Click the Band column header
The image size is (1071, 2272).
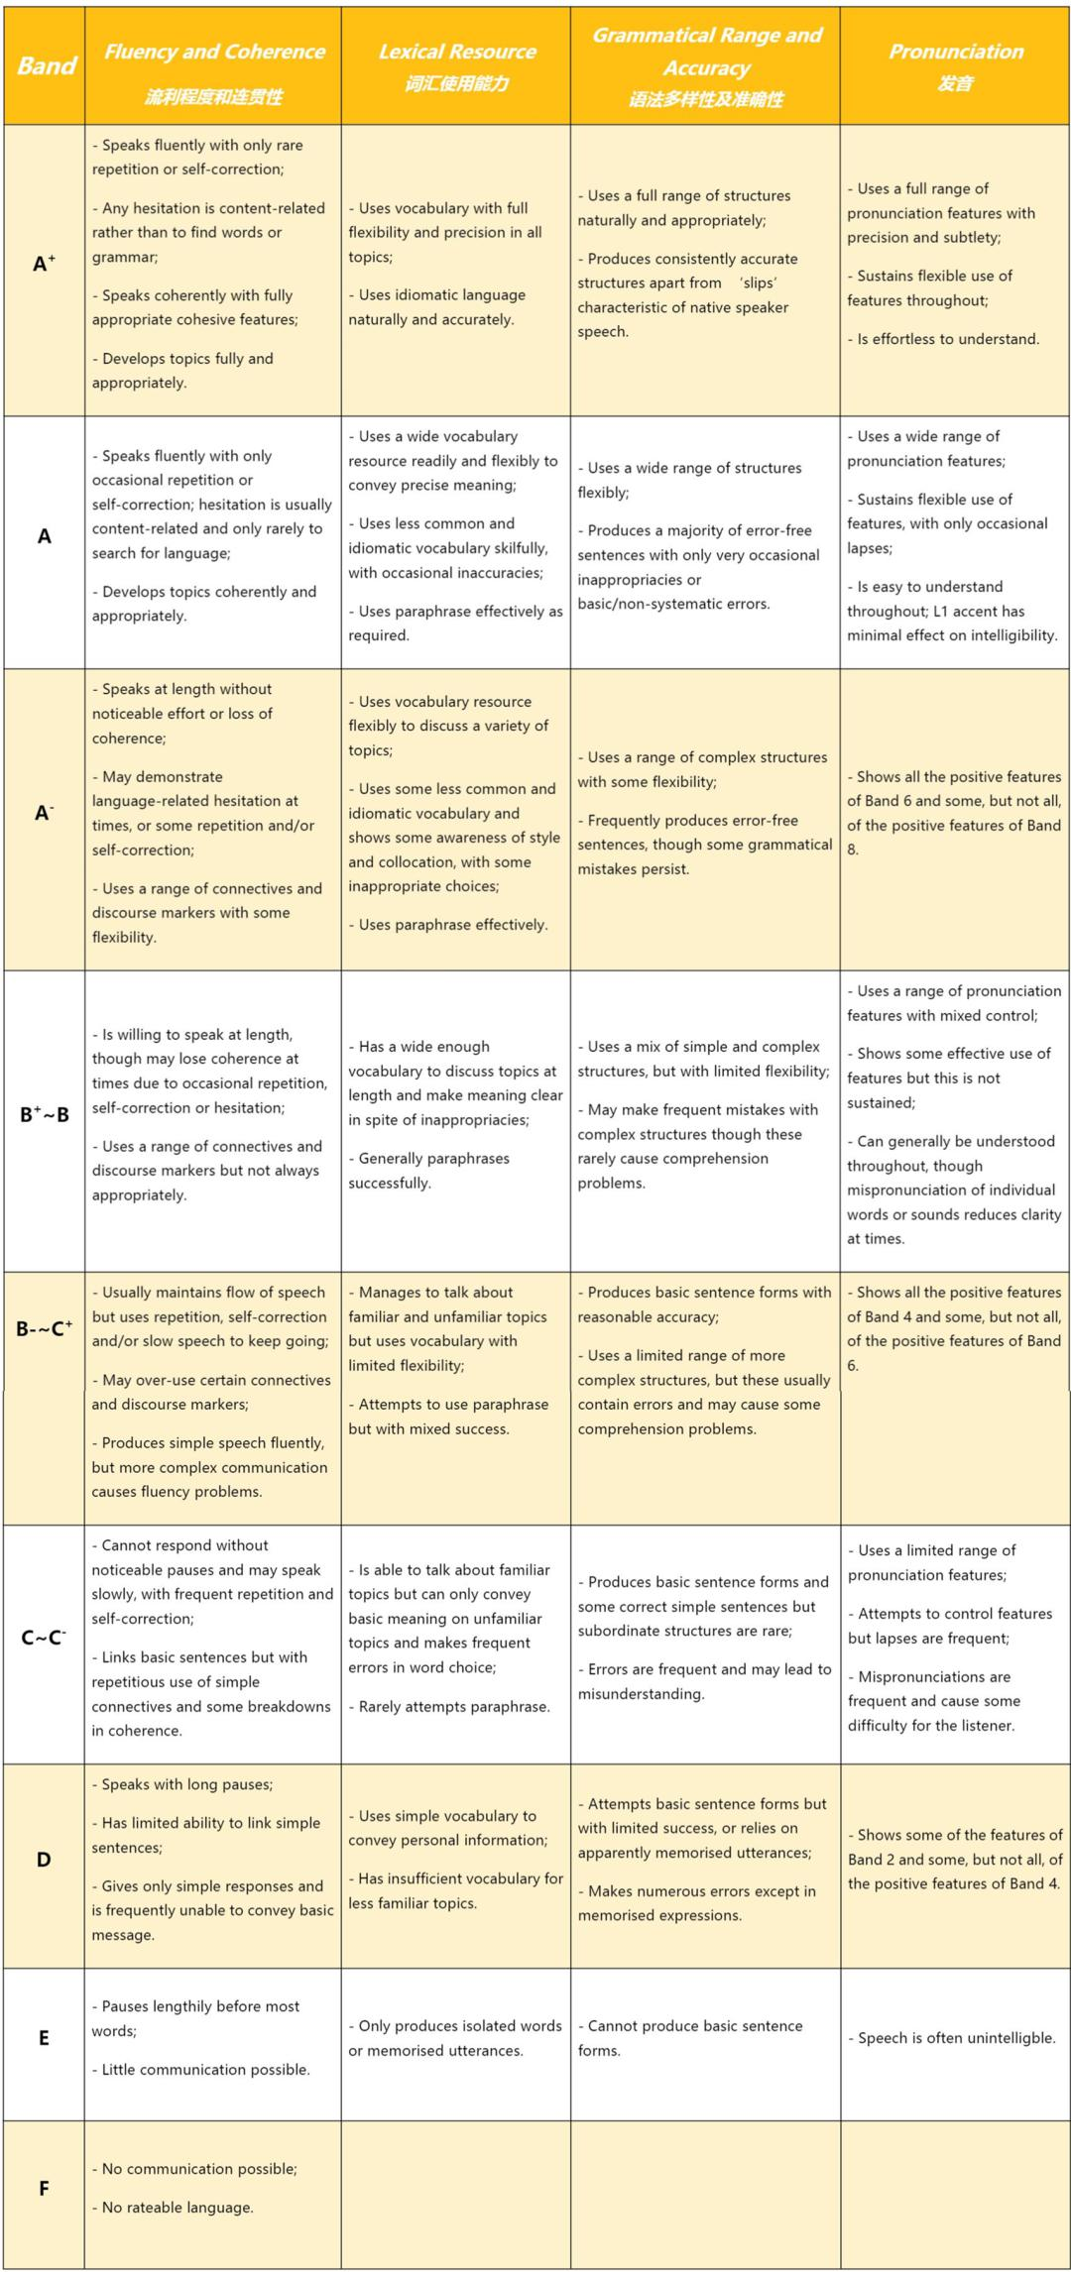point(46,66)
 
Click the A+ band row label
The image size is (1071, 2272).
point(44,264)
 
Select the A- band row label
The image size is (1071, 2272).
point(44,814)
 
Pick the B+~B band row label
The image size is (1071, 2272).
point(44,1115)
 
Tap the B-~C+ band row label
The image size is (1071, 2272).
point(44,1329)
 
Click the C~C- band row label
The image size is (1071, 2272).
point(44,1638)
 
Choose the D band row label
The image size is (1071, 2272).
point(44,1860)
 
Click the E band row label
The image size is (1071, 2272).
point(44,2038)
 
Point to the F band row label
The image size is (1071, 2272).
point(44,2188)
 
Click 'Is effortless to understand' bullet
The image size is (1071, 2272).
point(948,339)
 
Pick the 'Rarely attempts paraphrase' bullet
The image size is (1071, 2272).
point(453,1707)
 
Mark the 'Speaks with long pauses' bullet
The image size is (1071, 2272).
point(186,1784)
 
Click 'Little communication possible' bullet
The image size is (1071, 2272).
point(205,2070)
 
